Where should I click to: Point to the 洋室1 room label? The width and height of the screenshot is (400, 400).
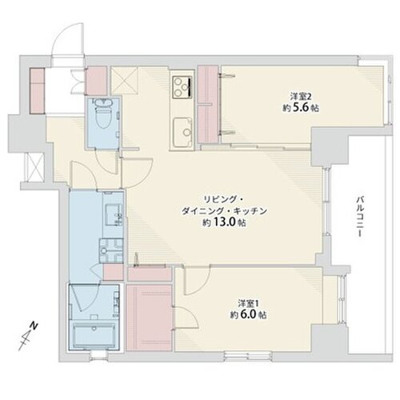click(x=249, y=303)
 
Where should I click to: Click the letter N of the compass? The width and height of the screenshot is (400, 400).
click(x=34, y=326)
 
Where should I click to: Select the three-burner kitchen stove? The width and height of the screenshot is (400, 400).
click(x=182, y=86)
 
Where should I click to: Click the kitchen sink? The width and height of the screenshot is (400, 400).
click(x=182, y=132)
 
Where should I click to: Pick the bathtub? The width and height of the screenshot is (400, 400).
click(x=93, y=335)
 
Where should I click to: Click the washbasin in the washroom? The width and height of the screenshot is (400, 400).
click(x=113, y=215)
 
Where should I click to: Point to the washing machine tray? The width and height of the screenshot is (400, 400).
click(x=111, y=251)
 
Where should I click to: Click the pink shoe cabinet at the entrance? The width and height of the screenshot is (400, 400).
click(x=37, y=91)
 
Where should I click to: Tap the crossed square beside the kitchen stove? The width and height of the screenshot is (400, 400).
click(x=124, y=81)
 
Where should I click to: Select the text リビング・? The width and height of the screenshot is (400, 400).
click(x=223, y=199)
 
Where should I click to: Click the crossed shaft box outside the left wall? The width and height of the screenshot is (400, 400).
click(x=35, y=167)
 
